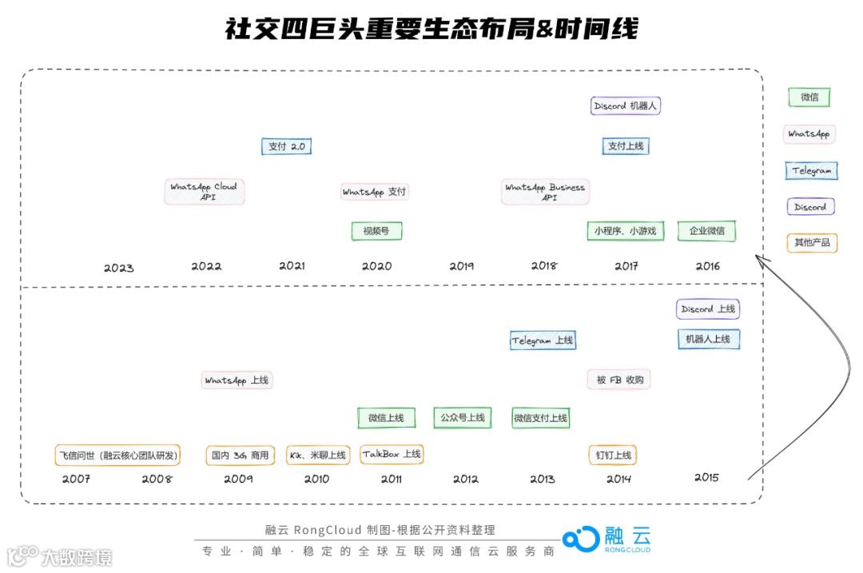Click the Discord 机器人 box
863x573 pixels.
626,105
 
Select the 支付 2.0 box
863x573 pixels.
286,146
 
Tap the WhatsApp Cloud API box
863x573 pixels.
205,192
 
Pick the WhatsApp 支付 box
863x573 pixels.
375,192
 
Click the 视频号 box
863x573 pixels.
376,231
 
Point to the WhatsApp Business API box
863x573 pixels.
546,192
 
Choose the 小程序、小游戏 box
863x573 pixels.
625,231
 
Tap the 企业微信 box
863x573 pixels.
706,231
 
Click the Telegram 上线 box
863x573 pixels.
543,340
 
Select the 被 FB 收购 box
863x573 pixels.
618,380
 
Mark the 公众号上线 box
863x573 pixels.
463,417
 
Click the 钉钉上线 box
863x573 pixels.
613,456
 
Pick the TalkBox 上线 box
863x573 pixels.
392,454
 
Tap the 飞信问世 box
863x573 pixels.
117,456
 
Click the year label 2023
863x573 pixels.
119,268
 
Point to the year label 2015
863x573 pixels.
706,478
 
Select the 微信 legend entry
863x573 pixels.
809,97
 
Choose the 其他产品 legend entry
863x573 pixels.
811,242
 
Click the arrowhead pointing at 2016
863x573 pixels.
761,259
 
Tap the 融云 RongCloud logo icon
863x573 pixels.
580,539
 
